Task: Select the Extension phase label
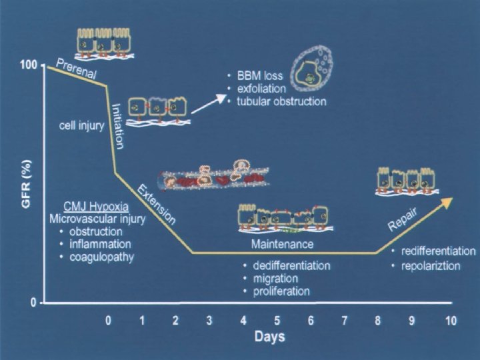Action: tap(157, 205)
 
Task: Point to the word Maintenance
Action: tap(282, 245)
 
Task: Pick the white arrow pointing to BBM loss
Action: tap(209, 99)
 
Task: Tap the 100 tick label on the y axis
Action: tap(29, 65)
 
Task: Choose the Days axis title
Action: tap(270, 337)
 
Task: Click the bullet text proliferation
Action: tap(282, 291)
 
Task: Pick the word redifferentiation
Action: tap(437, 251)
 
